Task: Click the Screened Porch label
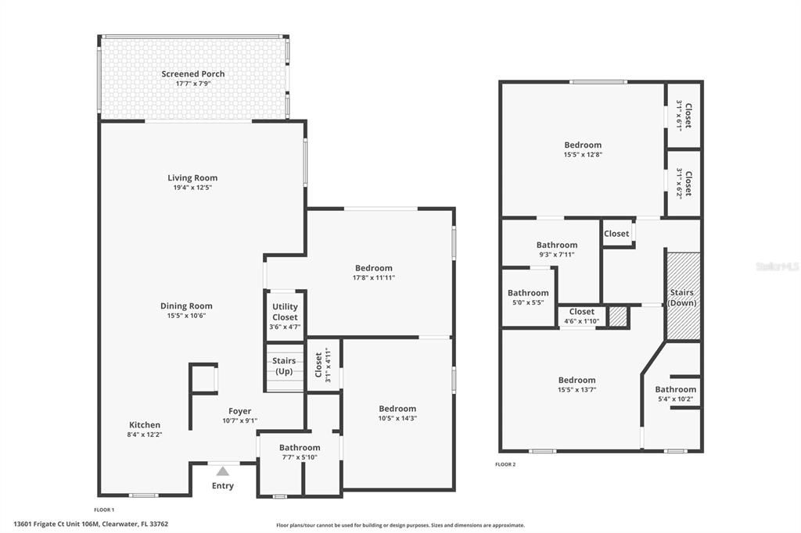[x=193, y=74]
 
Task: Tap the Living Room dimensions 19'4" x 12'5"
[x=192, y=188]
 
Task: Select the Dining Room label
[x=186, y=306]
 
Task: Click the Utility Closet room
[x=285, y=317]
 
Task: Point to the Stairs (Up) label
[x=284, y=366]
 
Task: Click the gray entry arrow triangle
[x=223, y=470]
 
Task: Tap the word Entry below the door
[x=223, y=486]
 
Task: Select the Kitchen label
[x=145, y=425]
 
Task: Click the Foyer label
[x=240, y=411]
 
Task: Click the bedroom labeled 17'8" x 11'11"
[x=374, y=272]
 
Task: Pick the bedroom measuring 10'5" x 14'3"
[x=397, y=413]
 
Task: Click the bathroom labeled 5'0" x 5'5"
[x=528, y=298]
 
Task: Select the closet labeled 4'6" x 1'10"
[x=581, y=316]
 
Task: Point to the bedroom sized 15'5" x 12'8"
[x=583, y=149]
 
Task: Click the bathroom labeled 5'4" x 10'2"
[x=675, y=394]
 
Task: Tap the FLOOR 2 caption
[x=505, y=464]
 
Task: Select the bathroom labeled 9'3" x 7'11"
[x=557, y=249]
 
